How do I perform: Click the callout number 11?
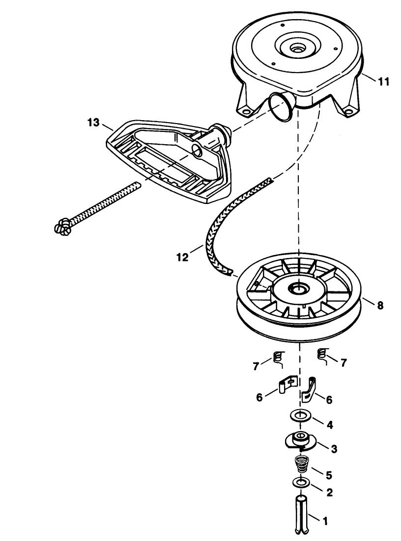point(383,82)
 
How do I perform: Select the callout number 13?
point(93,123)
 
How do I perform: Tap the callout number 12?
point(182,257)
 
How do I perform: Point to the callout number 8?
point(380,306)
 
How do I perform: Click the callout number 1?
point(325,521)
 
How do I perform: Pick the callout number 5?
point(329,475)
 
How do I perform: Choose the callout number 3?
point(334,449)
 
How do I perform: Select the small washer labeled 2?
point(301,482)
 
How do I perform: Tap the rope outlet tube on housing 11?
point(282,106)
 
